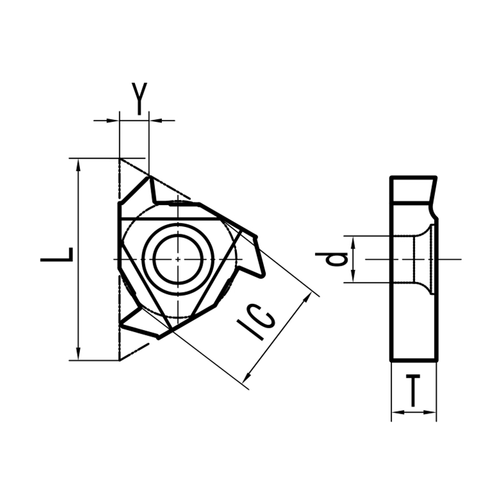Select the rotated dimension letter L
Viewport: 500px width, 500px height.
coord(57,256)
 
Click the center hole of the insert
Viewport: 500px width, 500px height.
coord(178,259)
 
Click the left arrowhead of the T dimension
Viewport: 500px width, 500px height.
coord(396,412)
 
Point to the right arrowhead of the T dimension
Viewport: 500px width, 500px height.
coord(431,412)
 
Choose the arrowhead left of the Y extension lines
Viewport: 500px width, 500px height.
coord(113,119)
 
